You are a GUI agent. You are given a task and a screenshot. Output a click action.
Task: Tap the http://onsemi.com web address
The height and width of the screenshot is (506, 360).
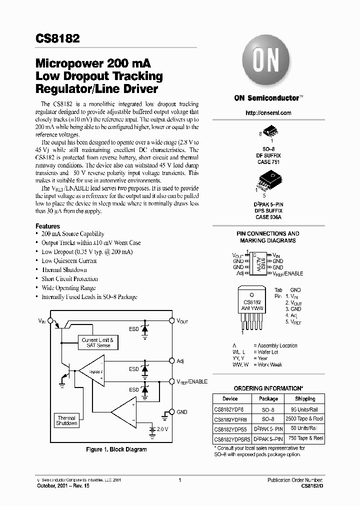coord(268,113)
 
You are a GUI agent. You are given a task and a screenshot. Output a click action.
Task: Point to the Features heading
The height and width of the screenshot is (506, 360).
coord(47,226)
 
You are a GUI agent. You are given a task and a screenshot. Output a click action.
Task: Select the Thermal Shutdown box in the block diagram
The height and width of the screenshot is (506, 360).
coord(66,420)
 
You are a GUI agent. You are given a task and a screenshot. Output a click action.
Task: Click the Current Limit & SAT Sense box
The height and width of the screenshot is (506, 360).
coord(97,342)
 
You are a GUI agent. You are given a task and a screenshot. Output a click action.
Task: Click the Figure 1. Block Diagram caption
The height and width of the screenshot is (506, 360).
coord(116,449)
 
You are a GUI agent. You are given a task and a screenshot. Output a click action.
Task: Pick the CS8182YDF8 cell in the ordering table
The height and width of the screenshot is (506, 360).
coord(229,409)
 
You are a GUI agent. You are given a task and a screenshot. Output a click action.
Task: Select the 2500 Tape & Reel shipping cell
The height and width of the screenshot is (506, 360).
coord(305,418)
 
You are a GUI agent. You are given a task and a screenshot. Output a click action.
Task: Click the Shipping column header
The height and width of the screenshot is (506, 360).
coord(305,398)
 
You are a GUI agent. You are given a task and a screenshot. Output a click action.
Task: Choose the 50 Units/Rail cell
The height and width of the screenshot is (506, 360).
coord(305,428)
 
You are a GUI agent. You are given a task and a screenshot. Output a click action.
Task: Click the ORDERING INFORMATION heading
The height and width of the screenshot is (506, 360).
coord(268,388)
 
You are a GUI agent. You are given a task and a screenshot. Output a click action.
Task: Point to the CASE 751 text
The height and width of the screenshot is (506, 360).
coord(268,162)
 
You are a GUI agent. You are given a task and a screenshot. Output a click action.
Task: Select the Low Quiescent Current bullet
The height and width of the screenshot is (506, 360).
coord(69,260)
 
